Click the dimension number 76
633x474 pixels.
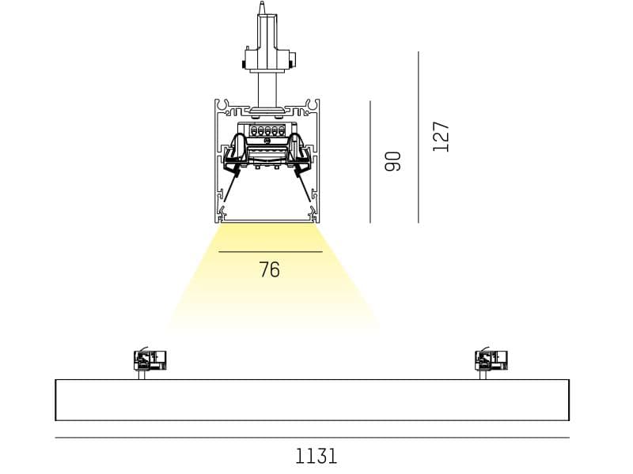(x=269, y=270)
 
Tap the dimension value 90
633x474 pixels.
(x=393, y=161)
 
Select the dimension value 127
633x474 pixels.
(x=442, y=136)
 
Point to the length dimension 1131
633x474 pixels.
(x=316, y=456)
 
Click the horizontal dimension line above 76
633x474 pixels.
(x=271, y=251)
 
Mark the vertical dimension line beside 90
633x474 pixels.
(x=370, y=161)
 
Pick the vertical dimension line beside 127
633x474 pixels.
(x=419, y=136)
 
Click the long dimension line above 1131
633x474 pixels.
(x=312, y=438)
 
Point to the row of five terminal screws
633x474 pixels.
(x=267, y=130)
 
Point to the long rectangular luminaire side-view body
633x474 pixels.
(x=312, y=400)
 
